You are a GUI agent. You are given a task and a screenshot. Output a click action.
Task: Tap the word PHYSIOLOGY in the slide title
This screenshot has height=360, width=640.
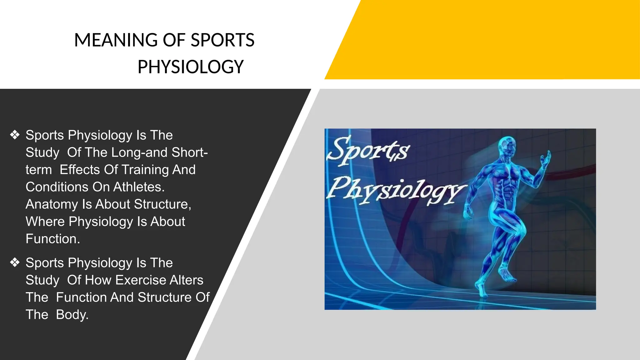point(191,67)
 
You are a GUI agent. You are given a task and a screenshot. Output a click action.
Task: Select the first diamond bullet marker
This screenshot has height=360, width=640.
point(15,135)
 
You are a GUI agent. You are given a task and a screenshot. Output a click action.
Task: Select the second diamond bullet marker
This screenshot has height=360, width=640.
point(15,262)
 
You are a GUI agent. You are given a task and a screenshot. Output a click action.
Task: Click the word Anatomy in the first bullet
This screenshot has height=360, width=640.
point(52,204)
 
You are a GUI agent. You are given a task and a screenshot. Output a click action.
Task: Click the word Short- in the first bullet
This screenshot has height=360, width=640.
point(190,152)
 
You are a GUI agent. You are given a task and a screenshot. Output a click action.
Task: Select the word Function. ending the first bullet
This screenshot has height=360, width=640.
point(53,239)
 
